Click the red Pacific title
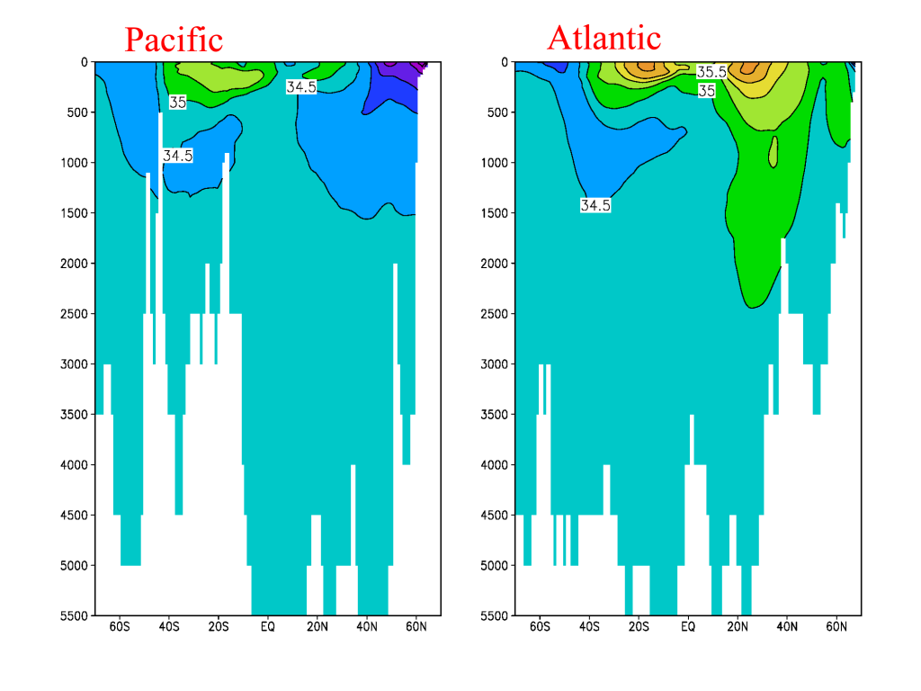174,40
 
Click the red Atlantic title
604,37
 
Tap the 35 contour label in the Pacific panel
178,103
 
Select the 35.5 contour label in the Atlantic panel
711,72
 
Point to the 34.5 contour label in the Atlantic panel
595,205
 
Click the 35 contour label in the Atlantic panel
707,91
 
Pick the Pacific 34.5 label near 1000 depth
178,156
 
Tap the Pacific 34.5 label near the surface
300,87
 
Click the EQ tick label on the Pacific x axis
267,625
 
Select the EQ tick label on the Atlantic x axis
688,625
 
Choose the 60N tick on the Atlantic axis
836,625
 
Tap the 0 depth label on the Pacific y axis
84,62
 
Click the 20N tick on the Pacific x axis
317,625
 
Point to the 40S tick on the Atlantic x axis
589,625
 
